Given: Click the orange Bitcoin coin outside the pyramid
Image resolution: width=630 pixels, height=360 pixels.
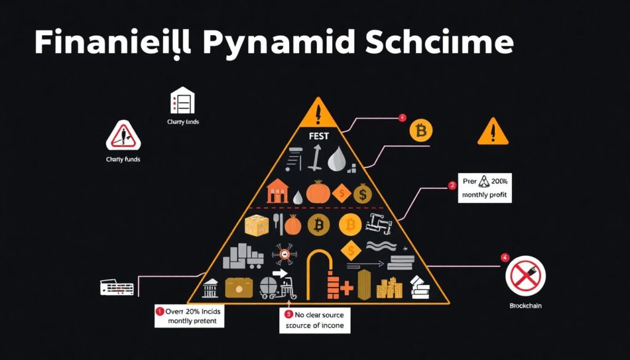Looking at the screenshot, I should (x=421, y=130).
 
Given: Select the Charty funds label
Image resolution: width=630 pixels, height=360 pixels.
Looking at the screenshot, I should (x=124, y=159).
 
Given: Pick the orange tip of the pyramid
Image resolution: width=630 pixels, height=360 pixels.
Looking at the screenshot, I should (x=318, y=112).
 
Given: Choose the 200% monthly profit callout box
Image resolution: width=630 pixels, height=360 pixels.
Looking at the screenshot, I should (x=486, y=190).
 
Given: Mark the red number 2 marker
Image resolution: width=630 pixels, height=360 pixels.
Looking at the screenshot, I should (x=452, y=184).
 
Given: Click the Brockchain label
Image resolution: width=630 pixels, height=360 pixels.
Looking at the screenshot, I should (x=525, y=305).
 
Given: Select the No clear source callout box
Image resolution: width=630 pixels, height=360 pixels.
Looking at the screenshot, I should (x=314, y=320).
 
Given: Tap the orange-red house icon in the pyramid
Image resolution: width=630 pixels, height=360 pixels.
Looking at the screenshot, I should (x=277, y=193).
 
